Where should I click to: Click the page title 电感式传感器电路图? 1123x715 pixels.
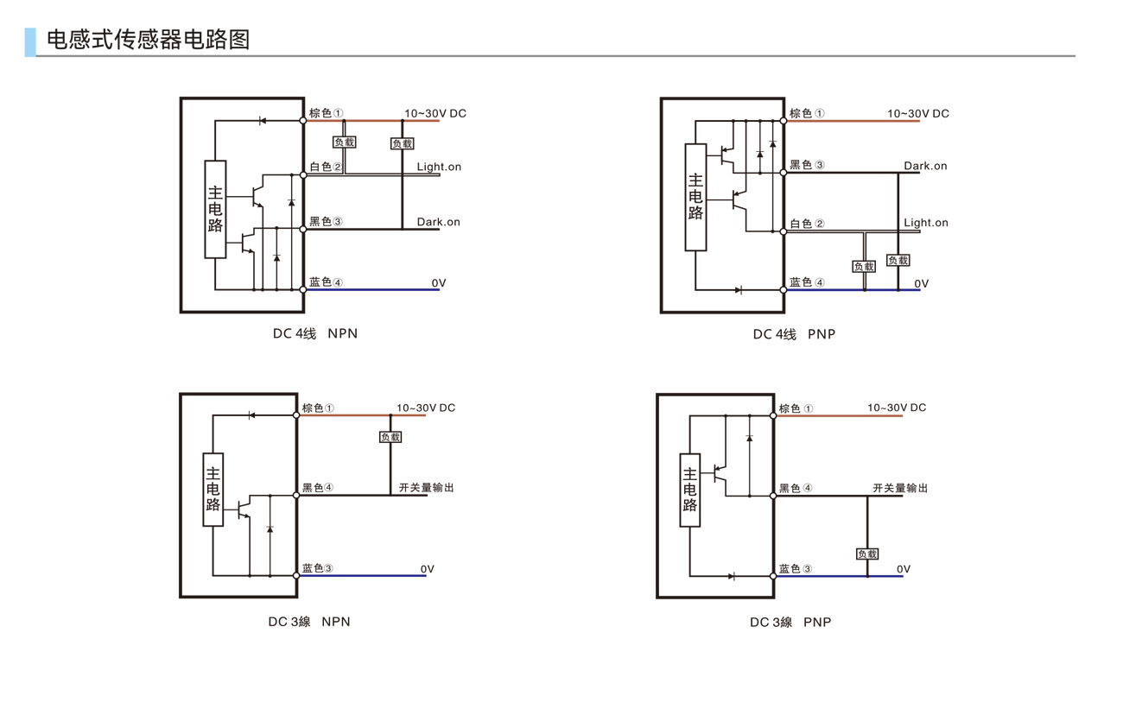148,40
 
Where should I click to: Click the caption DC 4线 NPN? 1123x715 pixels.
314,333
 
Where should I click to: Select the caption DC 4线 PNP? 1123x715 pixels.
794,333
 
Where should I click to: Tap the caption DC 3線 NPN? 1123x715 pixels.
308,621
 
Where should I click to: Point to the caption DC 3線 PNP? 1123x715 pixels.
790,622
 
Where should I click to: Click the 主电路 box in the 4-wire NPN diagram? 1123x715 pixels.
215,209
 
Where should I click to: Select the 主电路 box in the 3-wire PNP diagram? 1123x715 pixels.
689,489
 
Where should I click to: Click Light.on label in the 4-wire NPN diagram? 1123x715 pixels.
439,167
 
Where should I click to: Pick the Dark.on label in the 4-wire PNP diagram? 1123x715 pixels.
925,166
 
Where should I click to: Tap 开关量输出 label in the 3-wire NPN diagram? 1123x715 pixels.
427,488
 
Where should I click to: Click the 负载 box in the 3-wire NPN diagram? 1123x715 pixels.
390,437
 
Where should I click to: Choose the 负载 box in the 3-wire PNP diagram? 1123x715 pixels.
867,554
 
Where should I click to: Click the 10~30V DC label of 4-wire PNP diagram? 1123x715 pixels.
917,114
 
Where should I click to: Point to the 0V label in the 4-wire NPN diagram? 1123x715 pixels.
439,283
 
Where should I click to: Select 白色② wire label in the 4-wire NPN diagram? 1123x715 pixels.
326,167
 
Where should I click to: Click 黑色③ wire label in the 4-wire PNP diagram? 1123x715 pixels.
807,165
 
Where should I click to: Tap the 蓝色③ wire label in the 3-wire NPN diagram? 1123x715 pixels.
318,568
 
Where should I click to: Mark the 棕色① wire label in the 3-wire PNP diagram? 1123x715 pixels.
796,408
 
